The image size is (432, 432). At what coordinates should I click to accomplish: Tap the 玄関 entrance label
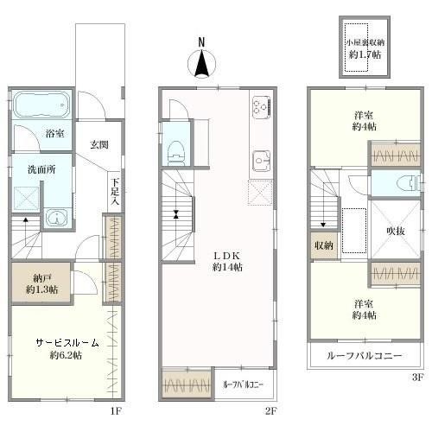click(x=99, y=144)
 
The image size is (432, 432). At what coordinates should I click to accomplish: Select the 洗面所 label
click(x=41, y=169)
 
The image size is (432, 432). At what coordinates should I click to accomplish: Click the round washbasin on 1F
click(x=57, y=218)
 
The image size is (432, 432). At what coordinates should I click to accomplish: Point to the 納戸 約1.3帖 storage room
click(x=41, y=283)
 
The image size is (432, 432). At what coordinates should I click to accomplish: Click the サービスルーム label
click(x=67, y=343)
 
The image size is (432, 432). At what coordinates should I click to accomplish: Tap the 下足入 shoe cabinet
click(x=115, y=192)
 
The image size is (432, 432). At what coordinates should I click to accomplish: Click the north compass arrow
click(x=201, y=63)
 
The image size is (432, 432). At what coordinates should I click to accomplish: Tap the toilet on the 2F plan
click(x=176, y=153)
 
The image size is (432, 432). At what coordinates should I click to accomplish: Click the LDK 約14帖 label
click(x=227, y=262)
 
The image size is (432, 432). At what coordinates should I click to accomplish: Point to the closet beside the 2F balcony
click(x=187, y=384)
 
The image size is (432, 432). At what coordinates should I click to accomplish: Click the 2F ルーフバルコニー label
click(x=243, y=384)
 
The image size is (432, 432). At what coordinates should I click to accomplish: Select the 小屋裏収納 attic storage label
click(x=365, y=43)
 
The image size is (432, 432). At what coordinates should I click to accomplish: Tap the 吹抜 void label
click(x=396, y=231)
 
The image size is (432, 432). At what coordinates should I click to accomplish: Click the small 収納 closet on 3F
click(x=324, y=245)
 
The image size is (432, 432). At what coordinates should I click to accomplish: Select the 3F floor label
click(x=416, y=378)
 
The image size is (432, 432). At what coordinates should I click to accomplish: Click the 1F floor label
click(x=115, y=411)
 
